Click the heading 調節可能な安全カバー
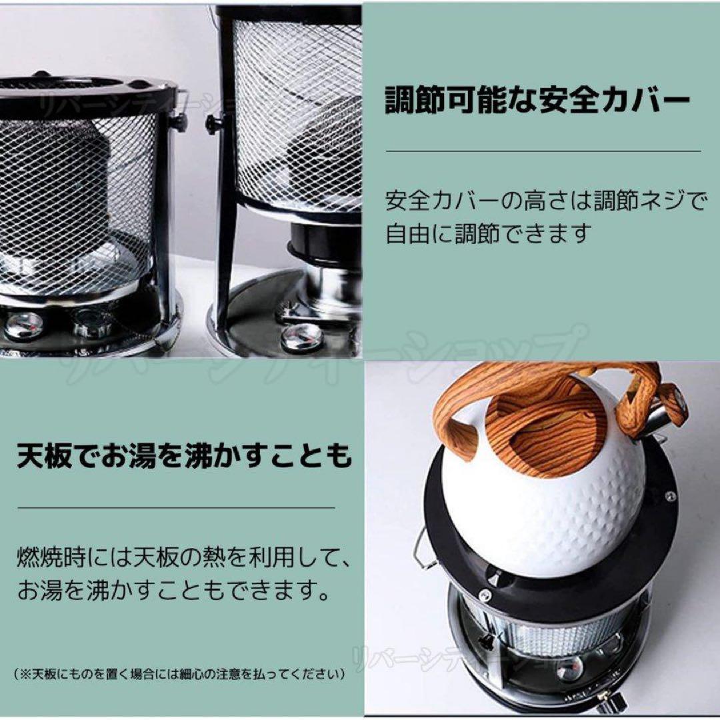point(537,101)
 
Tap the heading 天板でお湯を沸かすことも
point(184,458)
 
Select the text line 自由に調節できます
point(489,234)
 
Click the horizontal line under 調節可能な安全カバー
point(543,151)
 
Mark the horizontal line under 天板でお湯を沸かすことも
point(176,507)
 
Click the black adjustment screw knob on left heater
point(178,121)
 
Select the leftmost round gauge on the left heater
point(23,325)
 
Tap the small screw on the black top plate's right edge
point(670,496)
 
